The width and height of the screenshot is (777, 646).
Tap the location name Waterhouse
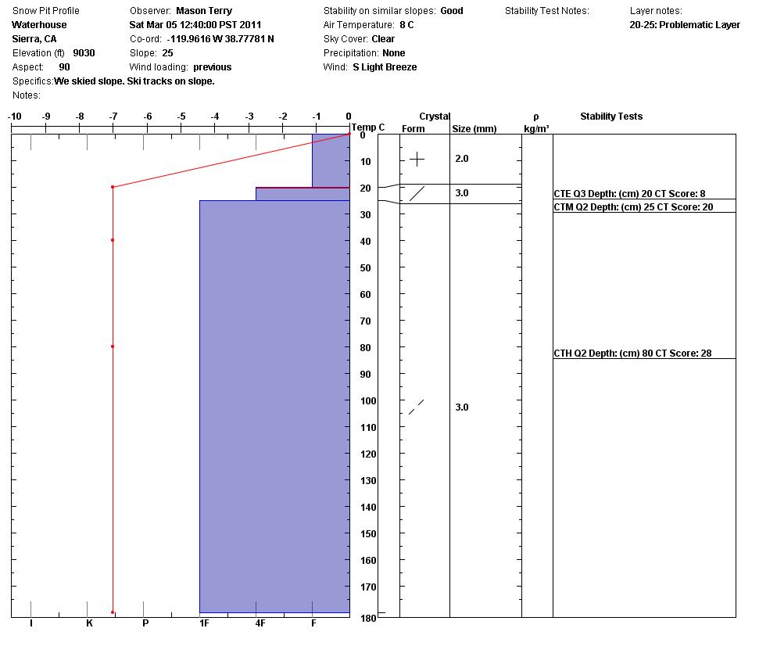pos(39,25)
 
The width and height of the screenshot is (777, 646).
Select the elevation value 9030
pos(84,53)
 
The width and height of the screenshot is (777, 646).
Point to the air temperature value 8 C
pos(406,25)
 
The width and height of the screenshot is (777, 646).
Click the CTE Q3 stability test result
pos(629,193)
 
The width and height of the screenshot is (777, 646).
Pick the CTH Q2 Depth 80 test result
pos(632,354)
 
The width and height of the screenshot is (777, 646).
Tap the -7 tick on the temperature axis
pos(113,117)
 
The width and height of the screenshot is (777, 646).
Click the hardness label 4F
pos(260,623)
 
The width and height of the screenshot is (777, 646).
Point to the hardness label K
pos(89,623)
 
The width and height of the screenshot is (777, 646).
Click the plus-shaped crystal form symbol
pos(417,160)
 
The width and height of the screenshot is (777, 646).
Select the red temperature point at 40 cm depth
pos(113,240)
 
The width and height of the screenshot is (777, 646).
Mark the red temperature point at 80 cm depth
pos(113,346)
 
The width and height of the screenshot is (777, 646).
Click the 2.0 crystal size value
pos(462,159)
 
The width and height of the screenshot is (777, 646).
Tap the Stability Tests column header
pos(611,117)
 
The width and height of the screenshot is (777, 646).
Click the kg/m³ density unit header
pos(536,129)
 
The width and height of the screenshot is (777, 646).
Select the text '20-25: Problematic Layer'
pos(684,25)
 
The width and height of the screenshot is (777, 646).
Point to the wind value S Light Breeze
pos(385,67)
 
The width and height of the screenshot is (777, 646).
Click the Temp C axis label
pos(368,127)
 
